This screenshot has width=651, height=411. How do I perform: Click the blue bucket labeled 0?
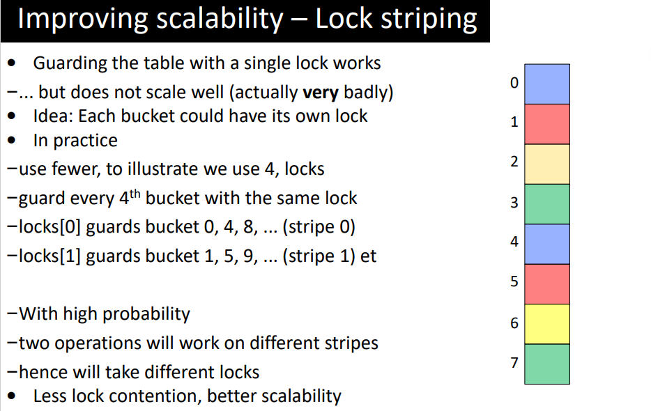tap(547, 84)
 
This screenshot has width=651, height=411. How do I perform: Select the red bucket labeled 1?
tap(547, 124)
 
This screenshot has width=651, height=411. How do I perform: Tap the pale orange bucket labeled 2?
tap(547, 164)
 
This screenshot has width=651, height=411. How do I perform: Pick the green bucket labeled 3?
tap(547, 204)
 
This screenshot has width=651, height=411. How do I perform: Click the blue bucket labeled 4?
tap(547, 244)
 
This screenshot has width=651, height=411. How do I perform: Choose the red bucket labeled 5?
tap(547, 284)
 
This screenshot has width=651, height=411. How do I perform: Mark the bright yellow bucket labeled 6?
tap(547, 324)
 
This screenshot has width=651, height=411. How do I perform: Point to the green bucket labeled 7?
tap(547, 364)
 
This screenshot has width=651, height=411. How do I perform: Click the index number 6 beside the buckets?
tap(514, 323)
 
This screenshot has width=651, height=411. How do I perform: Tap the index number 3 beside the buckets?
tap(514, 203)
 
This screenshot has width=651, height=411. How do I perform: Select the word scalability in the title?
tap(220, 20)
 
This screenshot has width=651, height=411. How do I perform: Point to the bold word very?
tap(321, 93)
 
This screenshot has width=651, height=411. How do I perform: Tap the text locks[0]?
tap(49, 228)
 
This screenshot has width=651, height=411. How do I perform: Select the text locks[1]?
tap(49, 256)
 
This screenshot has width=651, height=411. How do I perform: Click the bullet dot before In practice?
tap(12, 140)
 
